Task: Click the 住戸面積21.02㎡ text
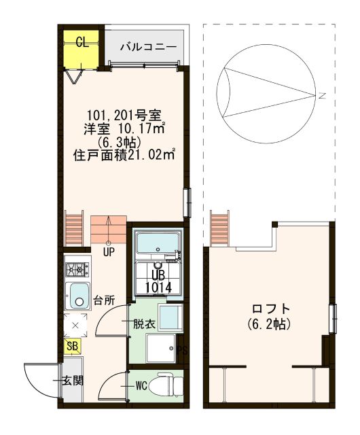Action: pos(124,154)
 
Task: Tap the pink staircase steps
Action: pos(109,229)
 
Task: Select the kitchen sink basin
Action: pos(78,296)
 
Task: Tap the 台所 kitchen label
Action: pos(104,299)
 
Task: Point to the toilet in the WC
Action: pos(166,386)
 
